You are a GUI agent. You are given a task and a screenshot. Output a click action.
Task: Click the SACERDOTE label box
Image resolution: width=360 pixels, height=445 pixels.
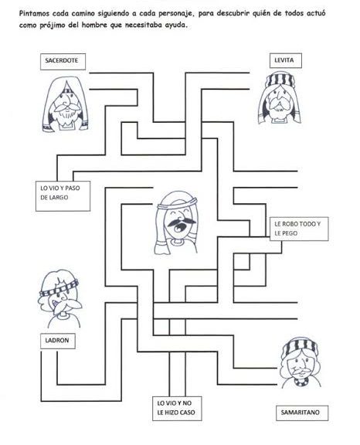click(x=63, y=62)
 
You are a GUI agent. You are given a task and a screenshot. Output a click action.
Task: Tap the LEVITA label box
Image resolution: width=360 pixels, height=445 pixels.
click(x=285, y=60)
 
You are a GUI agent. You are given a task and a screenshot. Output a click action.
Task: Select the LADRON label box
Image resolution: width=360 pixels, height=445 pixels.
click(x=58, y=341)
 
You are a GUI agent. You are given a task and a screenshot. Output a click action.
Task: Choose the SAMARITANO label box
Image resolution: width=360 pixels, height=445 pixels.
click(x=302, y=413)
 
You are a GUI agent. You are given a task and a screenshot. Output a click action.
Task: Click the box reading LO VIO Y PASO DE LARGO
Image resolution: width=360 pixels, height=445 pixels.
click(x=63, y=196)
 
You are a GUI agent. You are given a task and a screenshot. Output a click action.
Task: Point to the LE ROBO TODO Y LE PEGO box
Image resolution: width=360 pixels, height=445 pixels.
click(x=299, y=229)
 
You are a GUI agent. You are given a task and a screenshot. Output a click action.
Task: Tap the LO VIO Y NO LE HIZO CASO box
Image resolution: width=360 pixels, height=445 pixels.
click(x=177, y=409)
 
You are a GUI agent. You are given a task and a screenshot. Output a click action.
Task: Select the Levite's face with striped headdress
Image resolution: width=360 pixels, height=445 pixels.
click(x=280, y=98)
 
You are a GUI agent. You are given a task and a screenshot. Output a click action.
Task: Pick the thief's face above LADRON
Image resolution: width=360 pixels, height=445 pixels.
click(x=59, y=298)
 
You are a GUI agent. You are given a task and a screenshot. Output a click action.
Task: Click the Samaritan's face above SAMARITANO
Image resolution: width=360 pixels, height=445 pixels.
click(x=301, y=363)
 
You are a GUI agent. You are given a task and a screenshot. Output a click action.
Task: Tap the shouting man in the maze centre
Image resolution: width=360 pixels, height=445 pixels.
click(x=176, y=222)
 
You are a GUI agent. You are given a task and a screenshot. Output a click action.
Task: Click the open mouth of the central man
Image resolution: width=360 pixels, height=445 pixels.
click(x=178, y=227)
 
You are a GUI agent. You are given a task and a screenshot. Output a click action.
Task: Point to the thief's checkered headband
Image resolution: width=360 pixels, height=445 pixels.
click(x=59, y=287)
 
